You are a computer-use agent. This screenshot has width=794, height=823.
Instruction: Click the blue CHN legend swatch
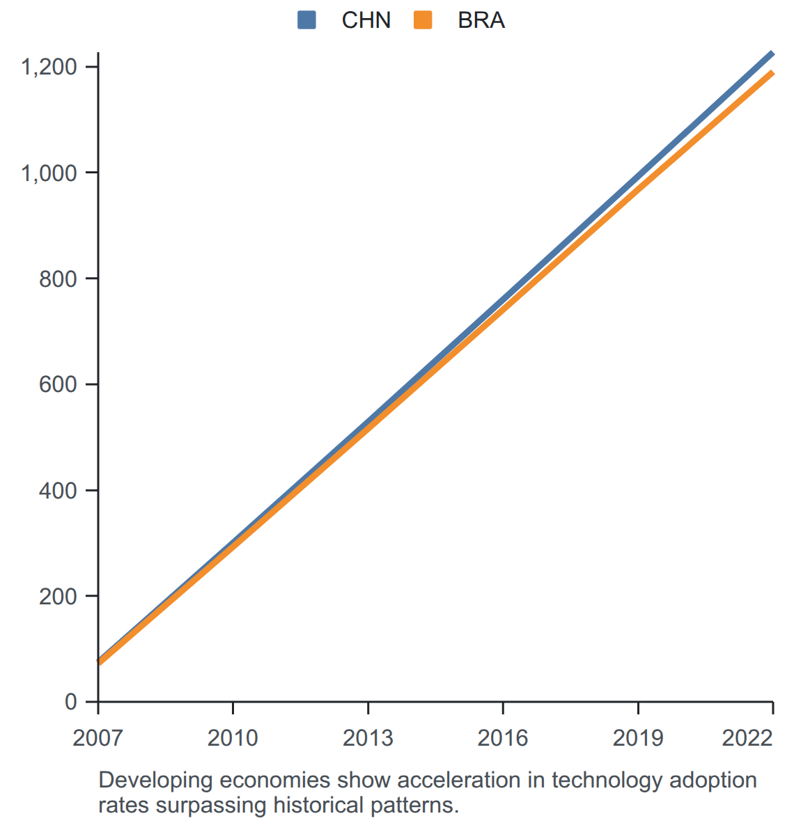(x=306, y=20)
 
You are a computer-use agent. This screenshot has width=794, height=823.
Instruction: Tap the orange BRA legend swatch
(x=423, y=20)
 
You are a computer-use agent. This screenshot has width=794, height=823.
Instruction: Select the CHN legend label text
(x=366, y=20)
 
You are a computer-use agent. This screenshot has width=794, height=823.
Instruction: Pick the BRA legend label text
(x=481, y=20)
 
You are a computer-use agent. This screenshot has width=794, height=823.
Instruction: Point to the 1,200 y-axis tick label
(x=49, y=67)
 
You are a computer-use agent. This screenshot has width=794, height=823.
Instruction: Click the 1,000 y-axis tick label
(x=49, y=173)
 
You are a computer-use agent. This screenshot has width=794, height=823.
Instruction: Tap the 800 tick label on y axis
(x=59, y=279)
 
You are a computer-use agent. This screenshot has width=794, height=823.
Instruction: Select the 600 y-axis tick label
(x=59, y=385)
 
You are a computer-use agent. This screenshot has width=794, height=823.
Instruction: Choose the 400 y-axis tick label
(x=59, y=491)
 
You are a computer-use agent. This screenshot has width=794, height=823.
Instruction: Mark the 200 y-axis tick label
(x=59, y=596)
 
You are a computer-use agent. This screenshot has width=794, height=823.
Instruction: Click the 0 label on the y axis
(x=71, y=702)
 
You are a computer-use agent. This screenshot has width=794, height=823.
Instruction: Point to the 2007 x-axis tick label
(x=98, y=738)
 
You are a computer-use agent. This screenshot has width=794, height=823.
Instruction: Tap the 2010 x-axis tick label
(x=233, y=738)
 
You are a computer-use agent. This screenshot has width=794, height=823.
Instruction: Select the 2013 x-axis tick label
(x=368, y=738)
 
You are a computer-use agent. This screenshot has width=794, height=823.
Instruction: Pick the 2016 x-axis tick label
(x=503, y=738)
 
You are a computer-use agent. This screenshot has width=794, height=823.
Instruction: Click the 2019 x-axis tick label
(x=638, y=738)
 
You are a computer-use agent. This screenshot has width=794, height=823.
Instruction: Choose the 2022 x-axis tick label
(x=747, y=738)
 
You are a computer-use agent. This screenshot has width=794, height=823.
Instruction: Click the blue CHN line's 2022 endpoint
(x=772, y=53)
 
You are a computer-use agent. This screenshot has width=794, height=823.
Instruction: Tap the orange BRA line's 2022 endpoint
(x=772, y=72)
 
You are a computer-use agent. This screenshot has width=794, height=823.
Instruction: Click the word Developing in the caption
(x=155, y=781)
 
